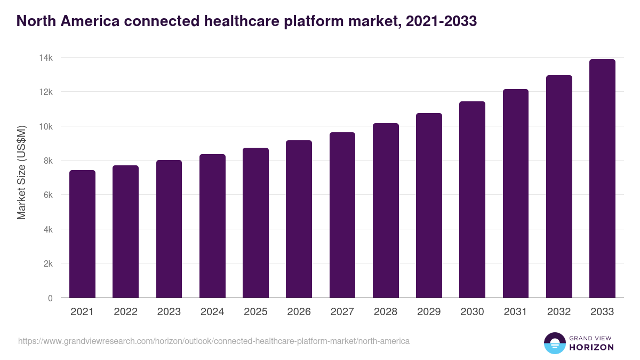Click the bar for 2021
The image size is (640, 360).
(x=82, y=234)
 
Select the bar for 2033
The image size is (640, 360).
(x=602, y=179)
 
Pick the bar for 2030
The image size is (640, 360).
(x=472, y=199)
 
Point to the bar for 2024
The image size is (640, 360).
(x=212, y=226)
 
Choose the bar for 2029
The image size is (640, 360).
(x=429, y=205)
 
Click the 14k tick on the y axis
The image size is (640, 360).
(x=45, y=58)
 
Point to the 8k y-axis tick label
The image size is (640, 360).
(x=47, y=161)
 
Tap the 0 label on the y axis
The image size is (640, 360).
(x=50, y=298)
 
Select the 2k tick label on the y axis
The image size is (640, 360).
(x=47, y=263)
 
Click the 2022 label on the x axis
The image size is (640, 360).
(x=125, y=312)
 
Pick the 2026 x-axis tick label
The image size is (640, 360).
(x=299, y=312)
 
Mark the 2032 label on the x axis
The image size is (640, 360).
(x=559, y=312)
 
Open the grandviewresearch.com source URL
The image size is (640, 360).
(x=214, y=341)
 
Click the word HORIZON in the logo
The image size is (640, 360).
(x=591, y=347)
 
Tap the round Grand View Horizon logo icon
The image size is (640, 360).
(x=554, y=343)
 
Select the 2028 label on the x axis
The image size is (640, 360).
(x=386, y=312)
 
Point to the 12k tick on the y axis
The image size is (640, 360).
(x=45, y=92)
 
